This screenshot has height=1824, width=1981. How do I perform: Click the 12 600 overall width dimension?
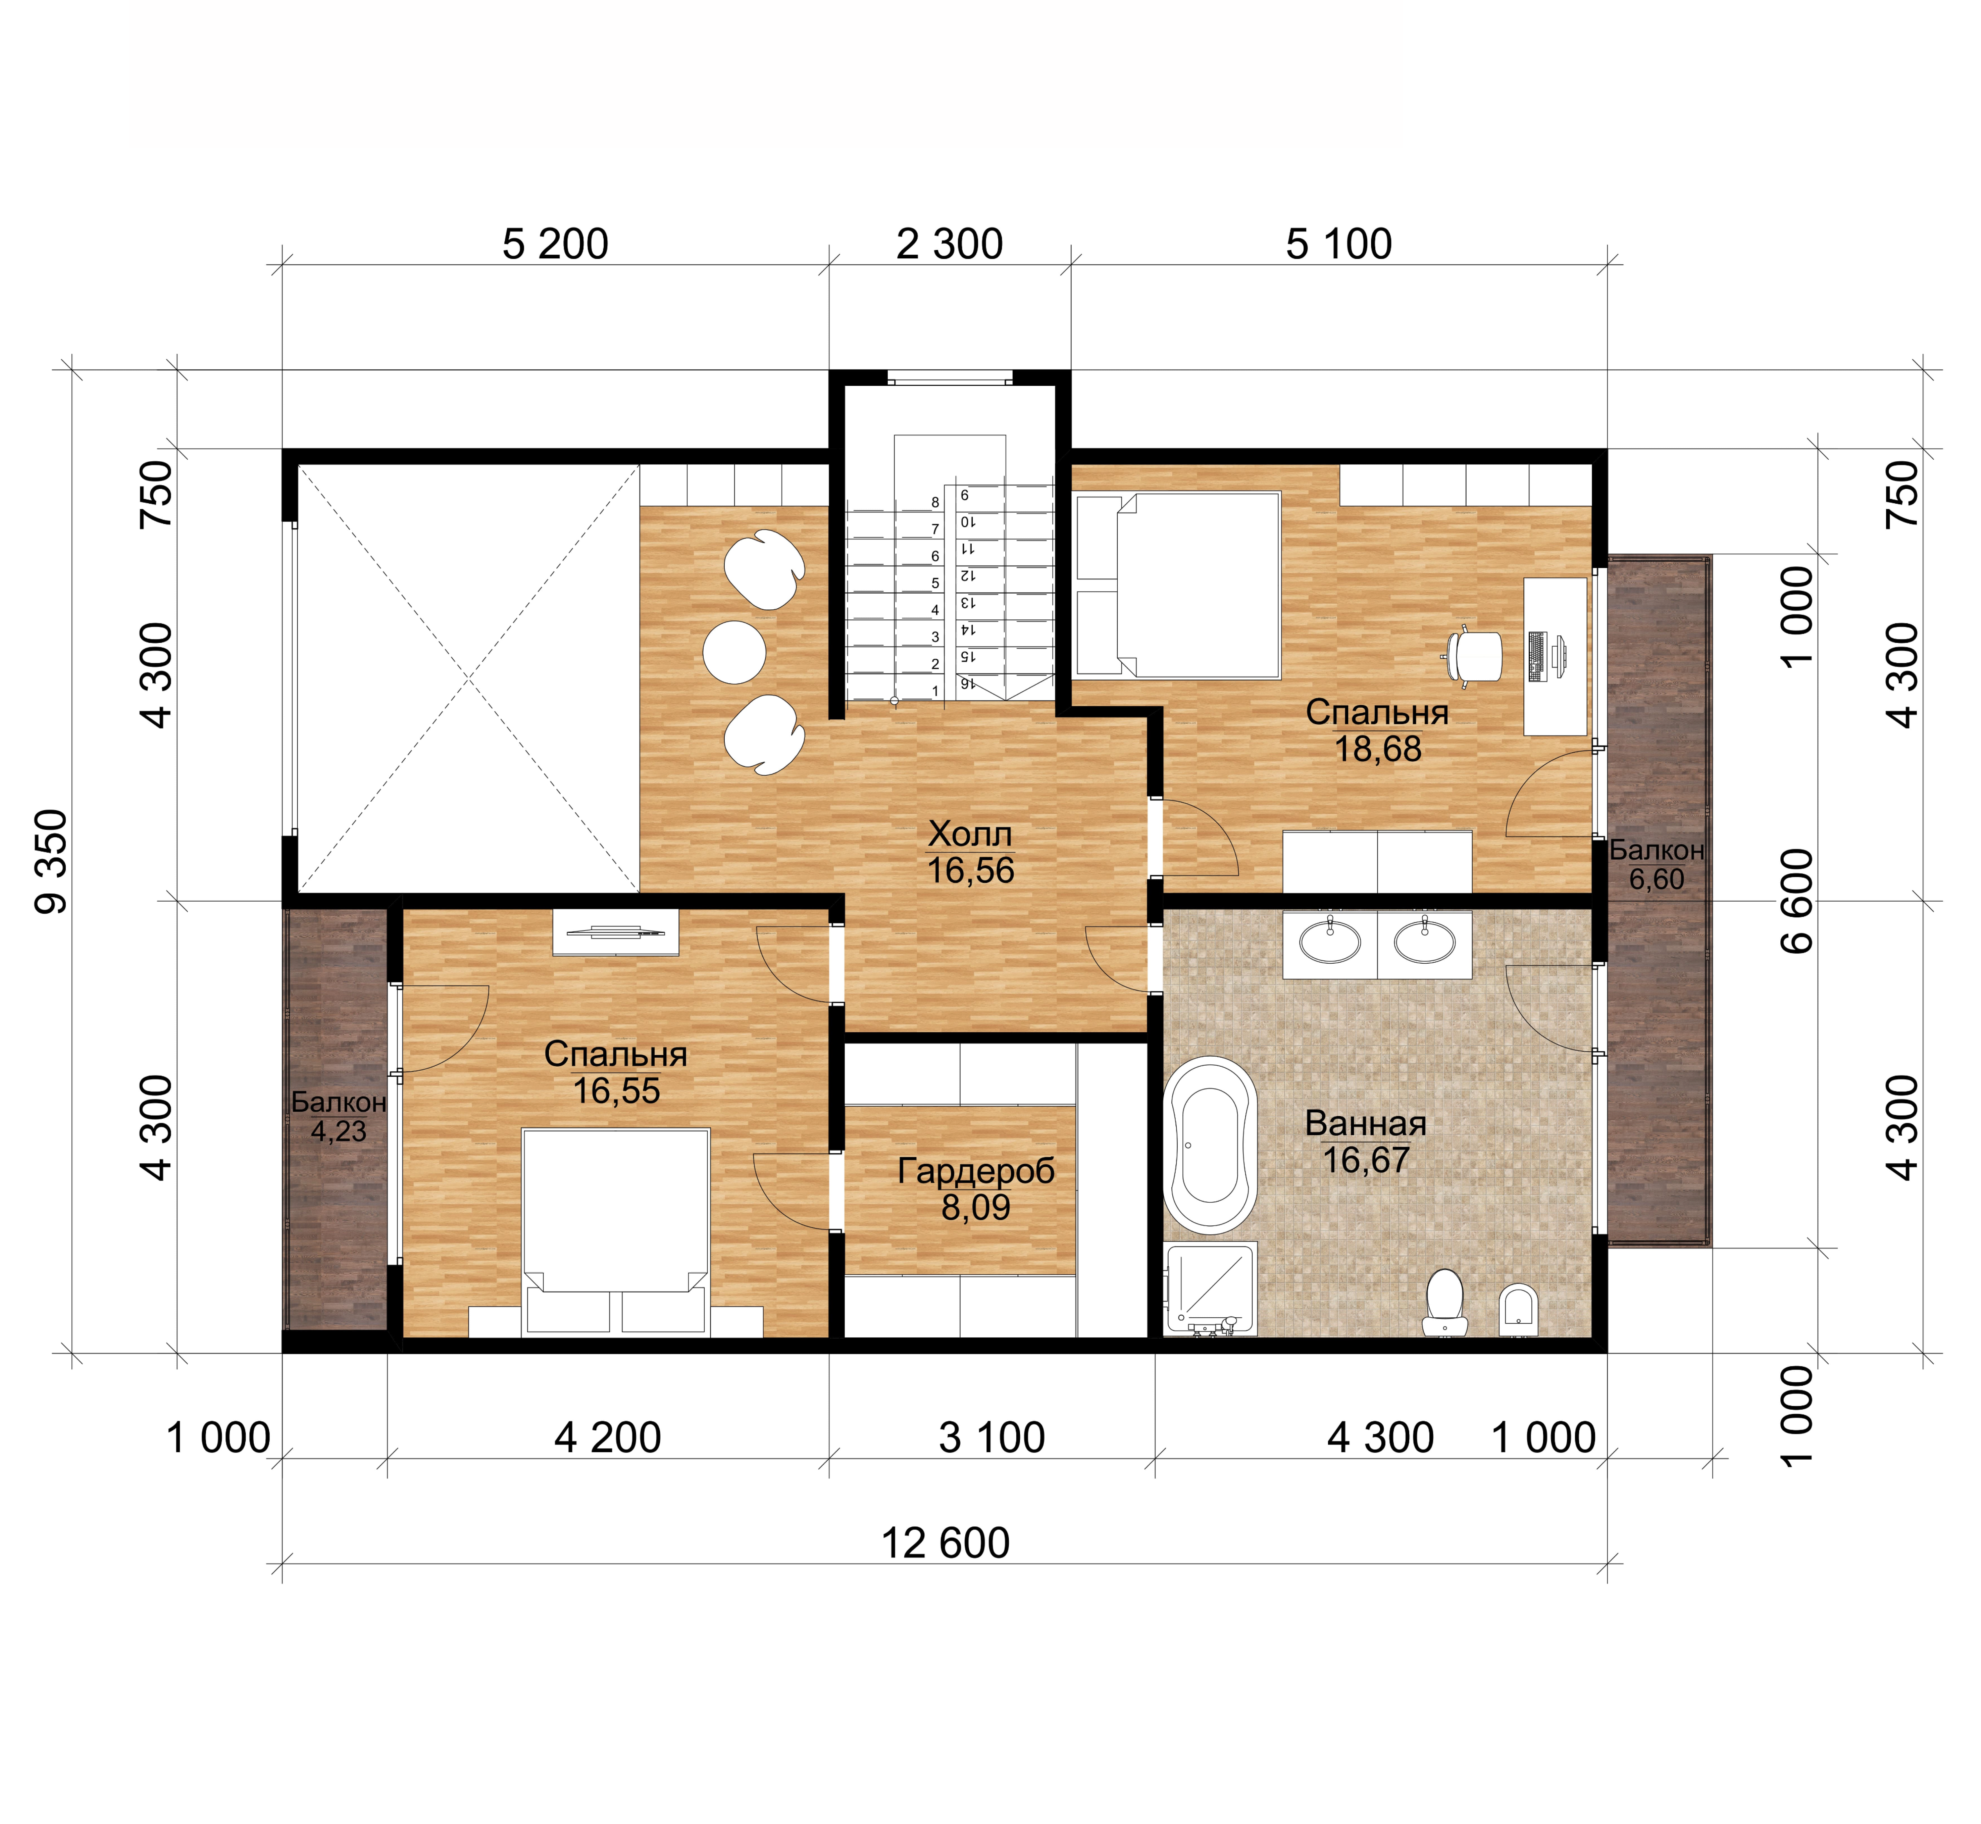pyautogui.click(x=945, y=1543)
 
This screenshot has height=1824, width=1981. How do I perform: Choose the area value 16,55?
pyautogui.click(x=616, y=1091)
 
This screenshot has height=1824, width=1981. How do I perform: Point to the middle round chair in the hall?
pyautogui.click(x=734, y=651)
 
